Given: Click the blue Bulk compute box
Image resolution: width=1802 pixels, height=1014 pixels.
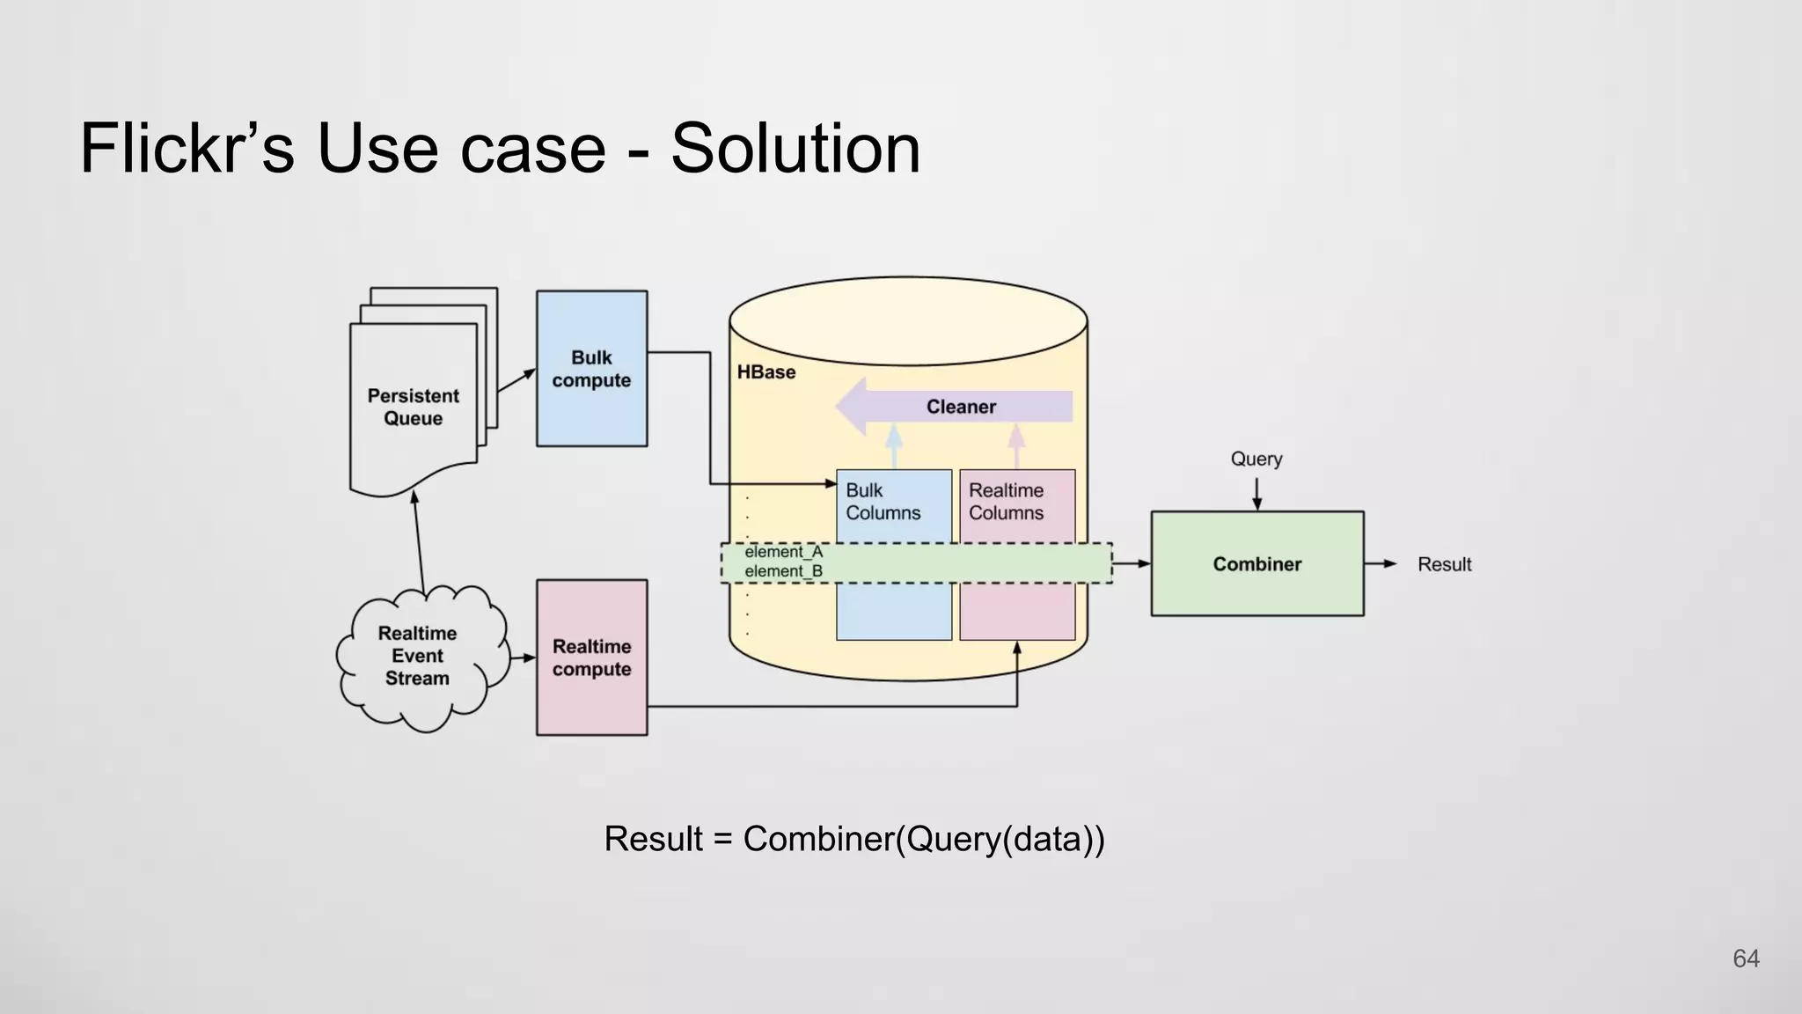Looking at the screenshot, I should click(591, 369).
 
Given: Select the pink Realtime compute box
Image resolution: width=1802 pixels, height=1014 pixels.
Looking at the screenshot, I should click(591, 658).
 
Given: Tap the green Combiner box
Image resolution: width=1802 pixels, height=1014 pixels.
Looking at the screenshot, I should click(1256, 564).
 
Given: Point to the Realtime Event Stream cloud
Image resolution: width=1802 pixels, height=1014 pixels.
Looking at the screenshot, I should click(418, 656).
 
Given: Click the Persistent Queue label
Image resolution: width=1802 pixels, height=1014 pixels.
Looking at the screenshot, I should click(413, 407).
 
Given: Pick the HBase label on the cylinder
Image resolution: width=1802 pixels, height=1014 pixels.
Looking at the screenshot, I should click(765, 372).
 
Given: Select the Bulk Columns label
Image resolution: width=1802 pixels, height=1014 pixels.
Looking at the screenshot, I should click(883, 502).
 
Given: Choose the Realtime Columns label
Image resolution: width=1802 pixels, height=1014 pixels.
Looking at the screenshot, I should click(1006, 502).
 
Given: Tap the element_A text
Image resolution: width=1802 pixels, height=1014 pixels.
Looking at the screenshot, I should click(783, 552).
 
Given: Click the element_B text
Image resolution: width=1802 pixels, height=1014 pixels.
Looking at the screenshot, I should click(783, 571).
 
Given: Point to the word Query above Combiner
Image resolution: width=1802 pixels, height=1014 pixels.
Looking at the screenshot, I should click(1256, 459).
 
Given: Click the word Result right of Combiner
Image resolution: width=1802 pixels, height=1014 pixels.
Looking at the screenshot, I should click(1444, 564).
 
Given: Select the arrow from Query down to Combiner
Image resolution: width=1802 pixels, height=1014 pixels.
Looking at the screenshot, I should click(1256, 494).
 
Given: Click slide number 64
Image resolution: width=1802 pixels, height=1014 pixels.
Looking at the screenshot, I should click(1746, 959).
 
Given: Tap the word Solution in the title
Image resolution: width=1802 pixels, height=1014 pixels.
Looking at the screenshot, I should click(795, 148).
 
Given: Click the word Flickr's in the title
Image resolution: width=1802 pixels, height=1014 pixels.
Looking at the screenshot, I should click(187, 148).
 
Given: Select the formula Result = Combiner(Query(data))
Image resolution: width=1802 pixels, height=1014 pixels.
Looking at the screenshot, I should click(853, 839).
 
